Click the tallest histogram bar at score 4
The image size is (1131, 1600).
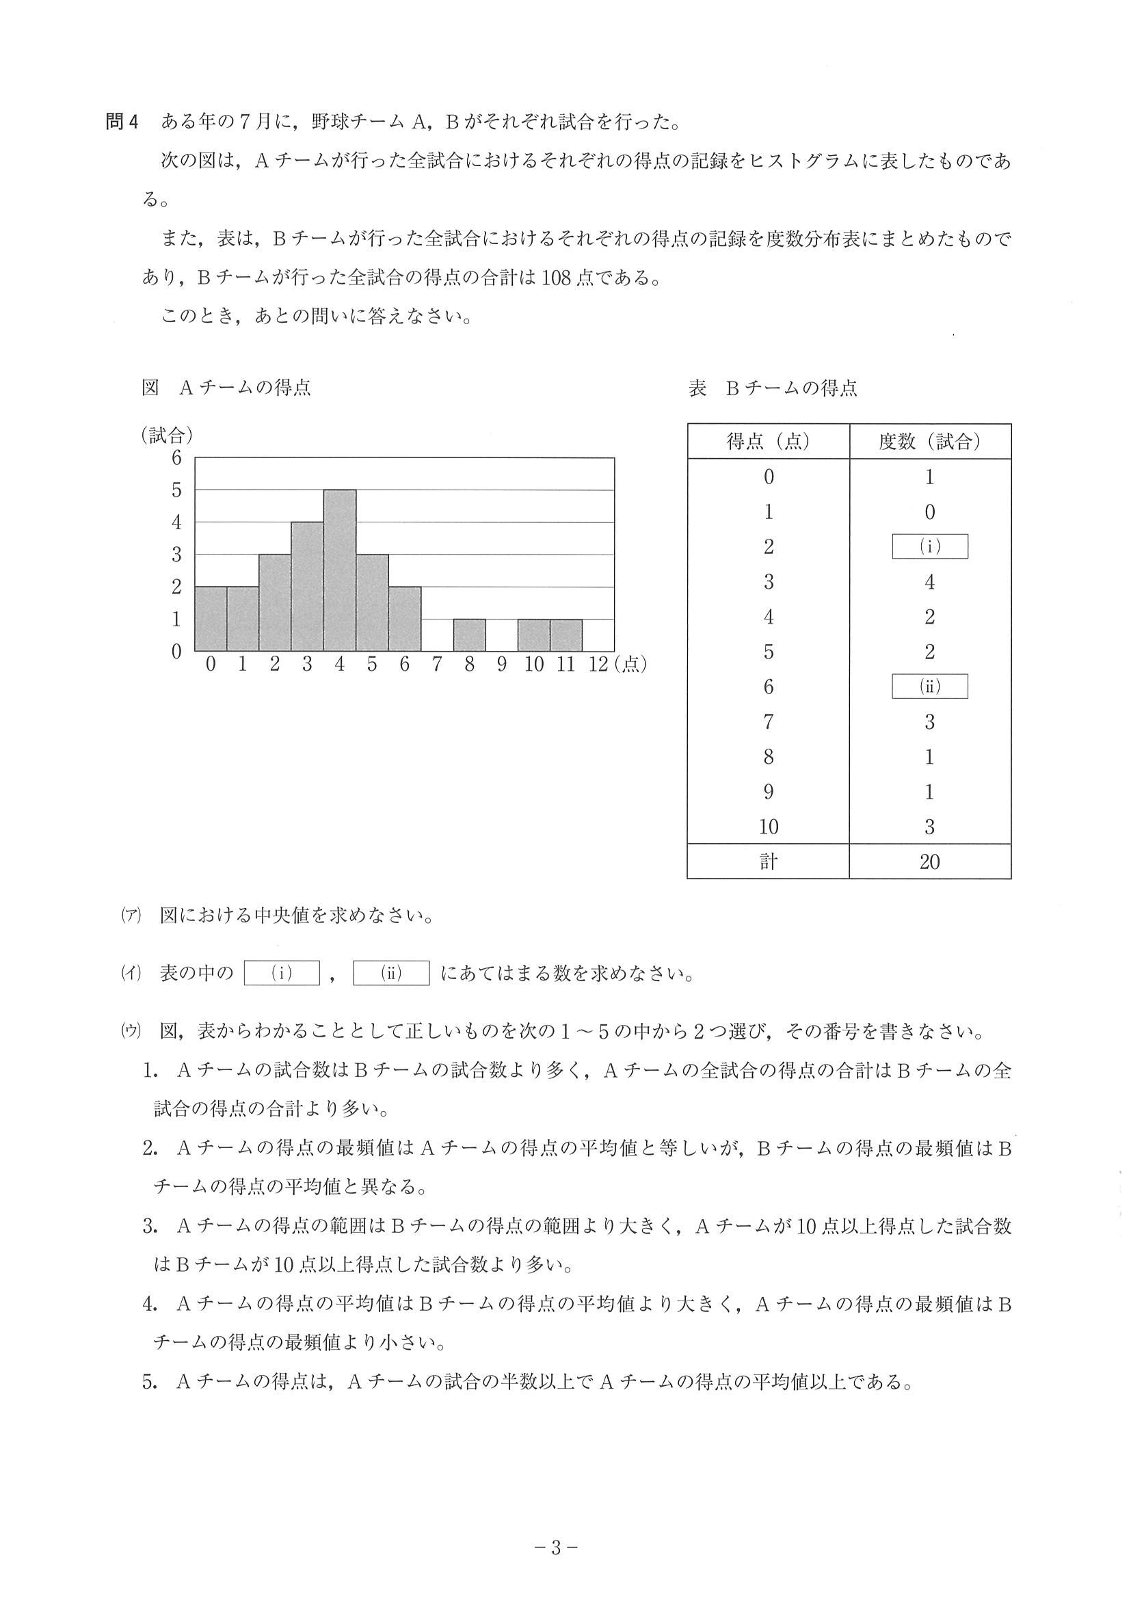point(339,570)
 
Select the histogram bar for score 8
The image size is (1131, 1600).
point(469,635)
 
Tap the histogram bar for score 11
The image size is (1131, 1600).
point(566,635)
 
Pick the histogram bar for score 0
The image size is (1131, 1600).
point(211,619)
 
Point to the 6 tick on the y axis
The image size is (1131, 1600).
point(176,458)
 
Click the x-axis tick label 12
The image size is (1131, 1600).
point(598,665)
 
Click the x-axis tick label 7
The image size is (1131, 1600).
point(437,665)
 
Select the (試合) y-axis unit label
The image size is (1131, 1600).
point(167,436)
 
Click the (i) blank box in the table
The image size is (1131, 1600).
point(929,547)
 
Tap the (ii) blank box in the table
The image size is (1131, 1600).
point(929,686)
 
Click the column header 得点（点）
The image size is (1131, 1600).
point(768,442)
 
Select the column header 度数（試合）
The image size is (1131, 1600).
point(929,442)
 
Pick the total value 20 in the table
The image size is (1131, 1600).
point(929,862)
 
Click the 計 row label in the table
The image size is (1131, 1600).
point(768,862)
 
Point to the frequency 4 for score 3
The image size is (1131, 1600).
point(929,582)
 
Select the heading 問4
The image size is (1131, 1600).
point(122,122)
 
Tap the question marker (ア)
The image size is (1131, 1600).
point(131,916)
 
